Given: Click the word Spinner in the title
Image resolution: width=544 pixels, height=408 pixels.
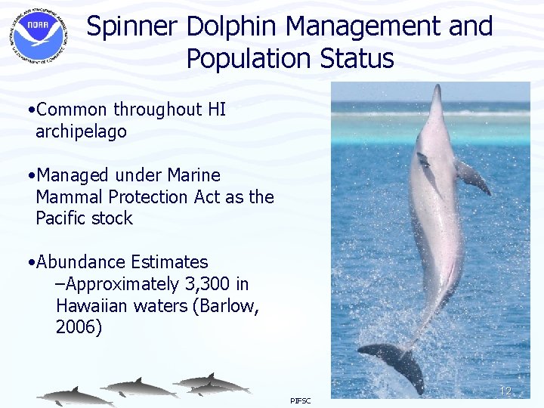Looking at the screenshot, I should (132, 27).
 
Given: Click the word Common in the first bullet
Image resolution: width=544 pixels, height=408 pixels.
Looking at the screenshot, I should (77, 110).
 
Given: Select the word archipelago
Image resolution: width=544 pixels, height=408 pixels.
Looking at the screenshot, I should (81, 131).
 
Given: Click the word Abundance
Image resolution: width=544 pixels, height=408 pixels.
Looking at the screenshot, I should (81, 262).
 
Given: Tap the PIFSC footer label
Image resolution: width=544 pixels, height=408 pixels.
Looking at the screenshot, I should (300, 400).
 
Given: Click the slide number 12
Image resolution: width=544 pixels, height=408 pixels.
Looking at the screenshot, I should (505, 391).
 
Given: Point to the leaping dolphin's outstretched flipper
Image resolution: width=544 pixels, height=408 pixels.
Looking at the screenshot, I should (473, 178).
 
